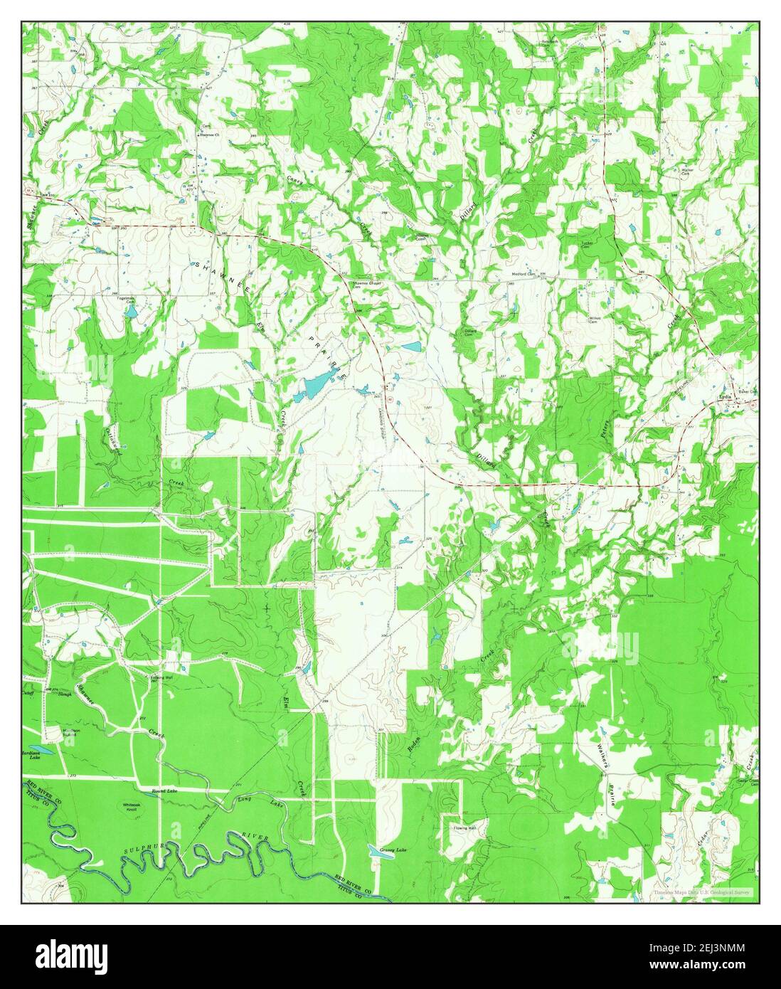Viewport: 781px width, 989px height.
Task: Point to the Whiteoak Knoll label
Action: click(x=135, y=803)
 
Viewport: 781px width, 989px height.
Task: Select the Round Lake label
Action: click(x=163, y=790)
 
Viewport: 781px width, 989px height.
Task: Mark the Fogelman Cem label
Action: click(x=130, y=300)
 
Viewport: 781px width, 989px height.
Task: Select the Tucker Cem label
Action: click(x=588, y=244)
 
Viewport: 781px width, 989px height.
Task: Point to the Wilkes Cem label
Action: click(x=595, y=318)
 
